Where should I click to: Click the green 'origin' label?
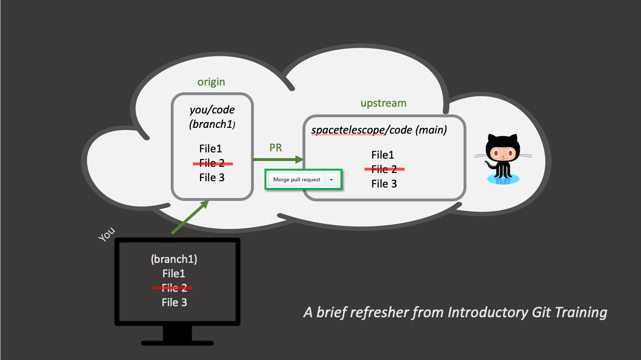tap(211, 82)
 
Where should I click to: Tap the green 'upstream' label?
tap(383, 103)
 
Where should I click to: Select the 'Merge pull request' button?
tap(297, 180)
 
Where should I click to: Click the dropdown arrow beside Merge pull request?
tap(331, 180)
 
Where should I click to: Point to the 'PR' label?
tap(276, 148)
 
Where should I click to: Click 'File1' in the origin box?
tap(211, 149)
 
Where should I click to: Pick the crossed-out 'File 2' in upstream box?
tap(384, 169)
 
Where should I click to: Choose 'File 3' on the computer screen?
tap(174, 302)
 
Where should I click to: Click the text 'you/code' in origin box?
tap(212, 110)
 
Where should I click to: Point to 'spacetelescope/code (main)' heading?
tap(379, 130)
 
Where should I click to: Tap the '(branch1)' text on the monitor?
tap(174, 259)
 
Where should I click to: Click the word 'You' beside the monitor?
tap(107, 234)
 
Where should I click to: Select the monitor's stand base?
tap(177, 343)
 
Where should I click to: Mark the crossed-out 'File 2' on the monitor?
tap(174, 288)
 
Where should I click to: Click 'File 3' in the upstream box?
tap(384, 184)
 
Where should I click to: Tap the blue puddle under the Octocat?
tap(503, 179)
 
